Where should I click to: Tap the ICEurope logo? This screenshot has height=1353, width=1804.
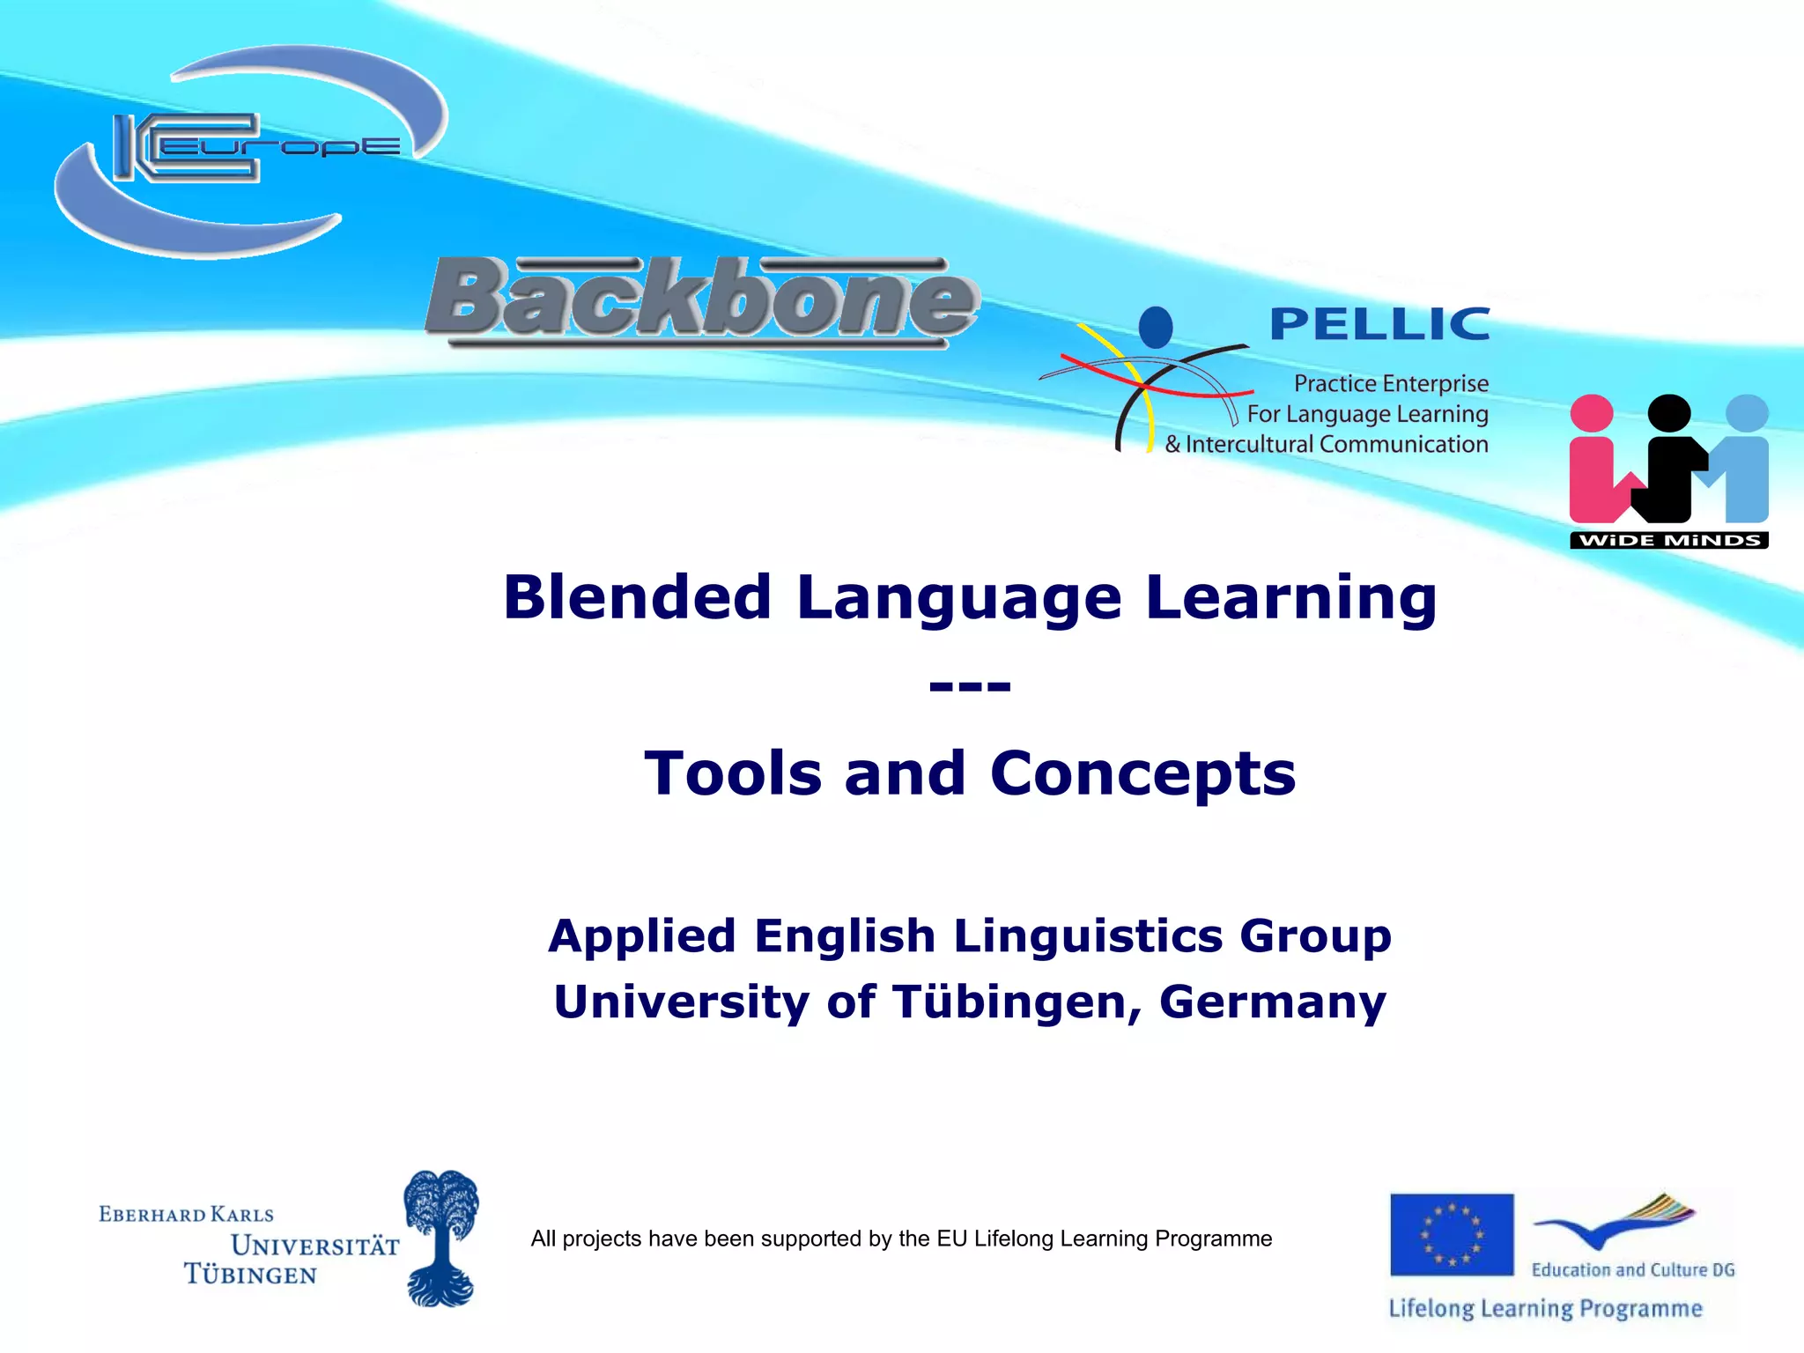(x=251, y=150)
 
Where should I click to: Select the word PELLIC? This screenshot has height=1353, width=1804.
(x=1379, y=325)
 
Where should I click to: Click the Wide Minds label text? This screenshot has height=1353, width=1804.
(x=1669, y=540)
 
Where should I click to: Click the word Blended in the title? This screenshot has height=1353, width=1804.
(x=638, y=597)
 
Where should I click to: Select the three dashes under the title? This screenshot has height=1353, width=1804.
(x=970, y=685)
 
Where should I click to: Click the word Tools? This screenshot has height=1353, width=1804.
(x=733, y=773)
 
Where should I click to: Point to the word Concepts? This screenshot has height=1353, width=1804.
(x=1142, y=773)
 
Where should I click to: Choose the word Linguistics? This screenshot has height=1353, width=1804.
(x=1088, y=935)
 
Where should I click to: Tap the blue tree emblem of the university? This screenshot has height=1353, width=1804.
(x=440, y=1237)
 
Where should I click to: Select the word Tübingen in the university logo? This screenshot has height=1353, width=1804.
(x=250, y=1275)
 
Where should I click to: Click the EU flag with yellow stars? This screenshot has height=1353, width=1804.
(x=1452, y=1234)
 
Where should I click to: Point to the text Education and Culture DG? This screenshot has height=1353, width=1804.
(x=1632, y=1269)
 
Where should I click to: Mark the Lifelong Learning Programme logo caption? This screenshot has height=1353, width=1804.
(x=1545, y=1308)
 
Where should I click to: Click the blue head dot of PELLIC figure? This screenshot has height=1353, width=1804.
(x=1155, y=327)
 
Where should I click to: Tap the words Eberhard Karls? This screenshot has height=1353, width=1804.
(x=187, y=1215)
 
